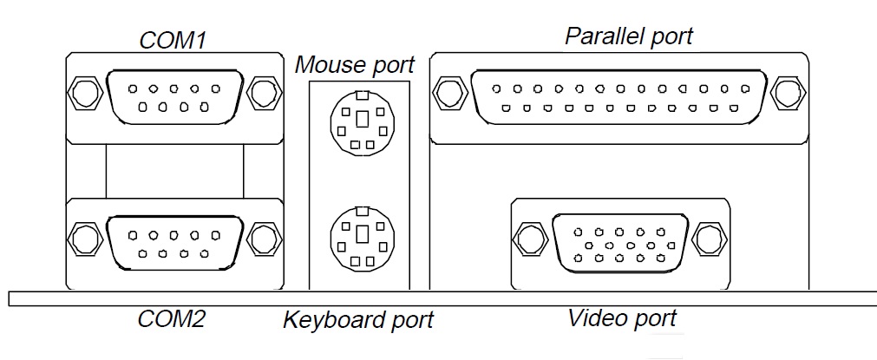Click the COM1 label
click(178, 40)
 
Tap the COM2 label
click(172, 318)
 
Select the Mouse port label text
click(355, 64)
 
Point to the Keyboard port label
click(358, 320)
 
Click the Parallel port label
click(629, 36)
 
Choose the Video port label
click(622, 317)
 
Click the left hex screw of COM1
click(84, 92)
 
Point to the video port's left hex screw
click(528, 236)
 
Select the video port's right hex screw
click(709, 236)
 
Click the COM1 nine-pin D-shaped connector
click(173, 95)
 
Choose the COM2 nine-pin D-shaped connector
click(173, 239)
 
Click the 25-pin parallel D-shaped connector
click(618, 96)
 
